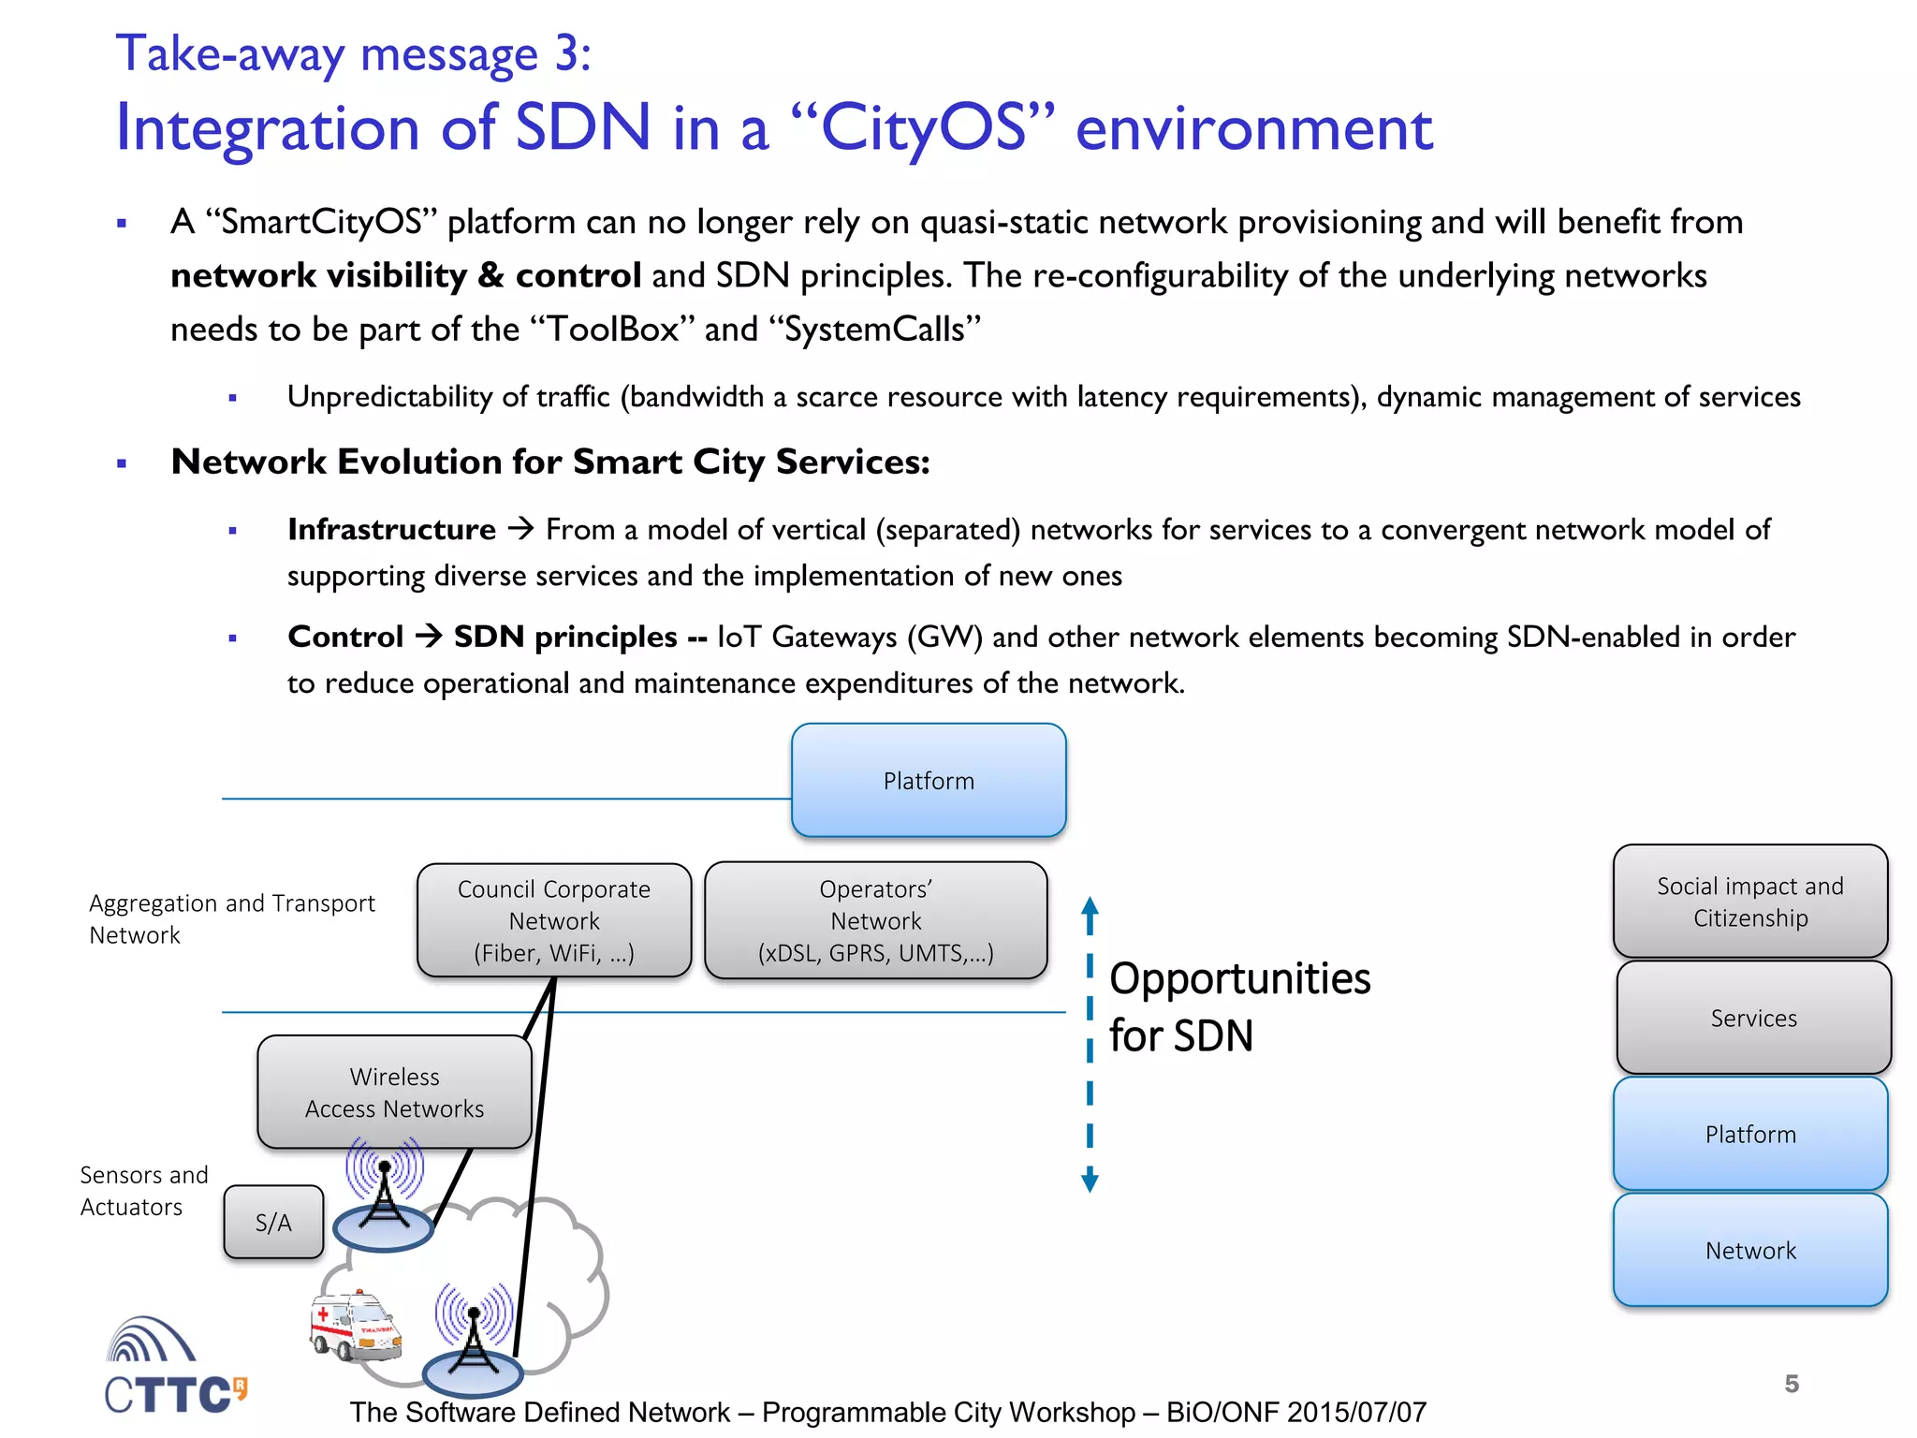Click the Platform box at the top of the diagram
(x=928, y=780)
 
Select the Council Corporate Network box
(x=554, y=920)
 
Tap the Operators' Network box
(x=875, y=920)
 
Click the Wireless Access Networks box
(x=394, y=1092)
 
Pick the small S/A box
(x=273, y=1222)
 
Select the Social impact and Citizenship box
(x=1749, y=901)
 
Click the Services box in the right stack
(x=1753, y=1018)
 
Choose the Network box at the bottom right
(x=1749, y=1250)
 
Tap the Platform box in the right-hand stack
(x=1749, y=1134)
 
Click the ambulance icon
(x=355, y=1326)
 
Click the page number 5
(x=1792, y=1384)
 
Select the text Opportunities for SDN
(x=1238, y=1006)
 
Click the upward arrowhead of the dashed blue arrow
(x=1090, y=907)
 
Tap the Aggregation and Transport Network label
(x=230, y=918)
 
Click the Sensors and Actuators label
(x=143, y=1190)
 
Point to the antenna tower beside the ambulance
(x=474, y=1334)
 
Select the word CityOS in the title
(x=923, y=128)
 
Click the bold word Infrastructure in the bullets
(x=391, y=530)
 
